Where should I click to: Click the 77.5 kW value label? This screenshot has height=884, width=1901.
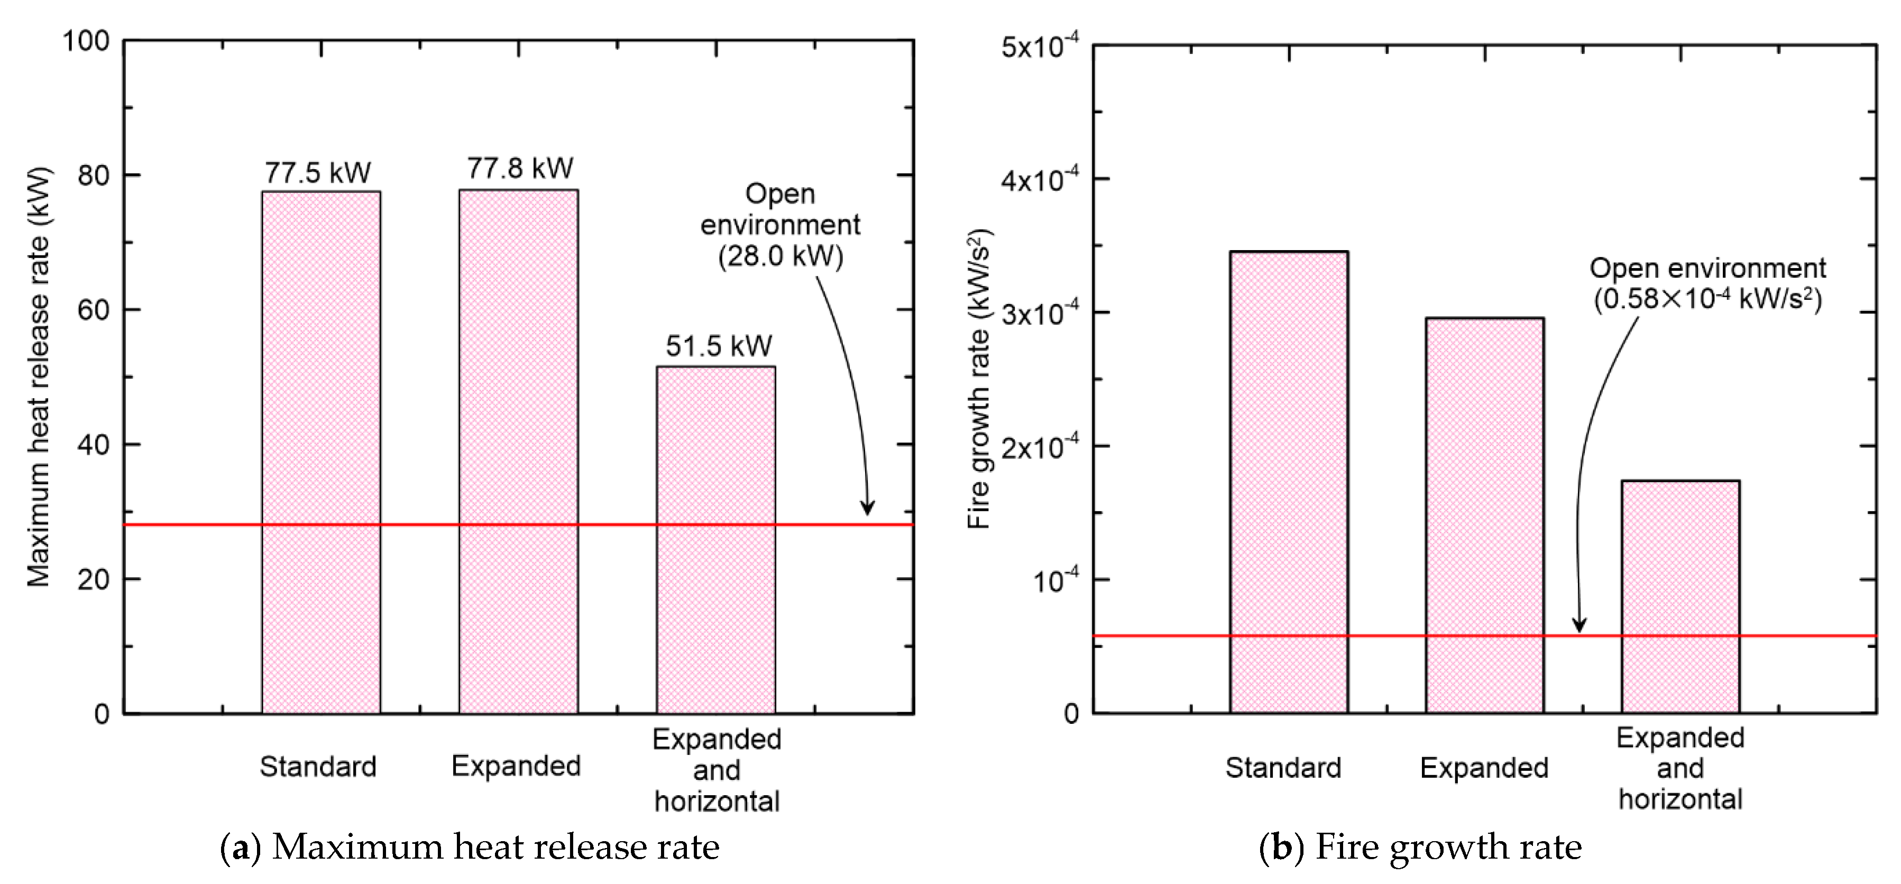tap(317, 173)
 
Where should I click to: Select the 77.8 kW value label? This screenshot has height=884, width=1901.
tap(519, 168)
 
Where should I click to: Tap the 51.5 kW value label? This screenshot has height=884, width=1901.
tap(718, 345)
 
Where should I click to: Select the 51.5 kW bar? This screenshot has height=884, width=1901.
tap(716, 539)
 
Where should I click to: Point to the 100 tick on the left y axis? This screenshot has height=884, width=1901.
tap(86, 41)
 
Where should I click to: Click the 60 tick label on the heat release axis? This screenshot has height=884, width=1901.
tap(94, 310)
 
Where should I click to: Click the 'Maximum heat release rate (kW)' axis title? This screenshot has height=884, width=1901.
tap(39, 377)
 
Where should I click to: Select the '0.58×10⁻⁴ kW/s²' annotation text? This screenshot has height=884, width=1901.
tap(1707, 299)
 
